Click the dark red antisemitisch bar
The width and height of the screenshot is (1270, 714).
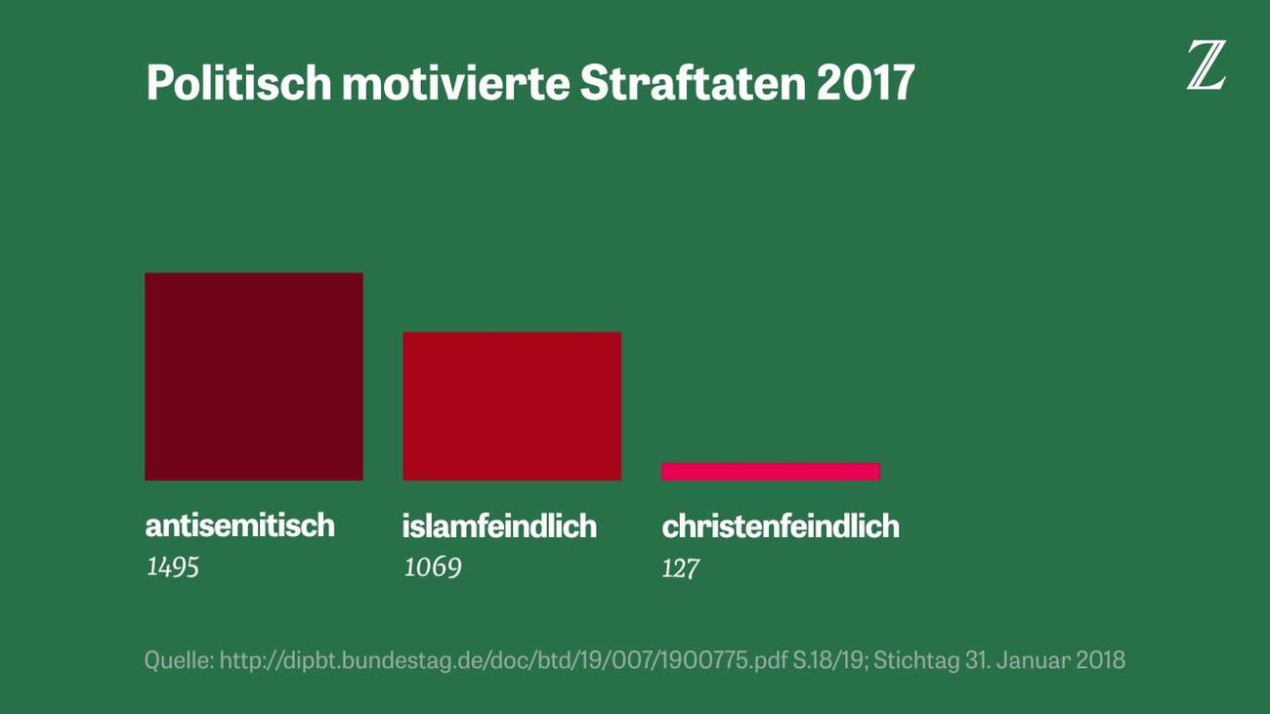254,376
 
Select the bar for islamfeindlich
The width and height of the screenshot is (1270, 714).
512,405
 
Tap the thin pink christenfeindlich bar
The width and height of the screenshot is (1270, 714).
771,472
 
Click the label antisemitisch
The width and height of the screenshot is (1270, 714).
239,525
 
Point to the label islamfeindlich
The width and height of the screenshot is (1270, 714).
499,526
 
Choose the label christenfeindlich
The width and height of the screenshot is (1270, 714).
781,526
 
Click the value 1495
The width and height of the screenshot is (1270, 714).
172,567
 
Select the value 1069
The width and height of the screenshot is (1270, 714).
432,567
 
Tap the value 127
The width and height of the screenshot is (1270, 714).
680,567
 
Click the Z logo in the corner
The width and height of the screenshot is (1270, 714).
1206,67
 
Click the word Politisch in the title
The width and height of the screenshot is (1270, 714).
238,84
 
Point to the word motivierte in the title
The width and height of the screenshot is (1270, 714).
455,84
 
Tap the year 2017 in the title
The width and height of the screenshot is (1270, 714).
865,84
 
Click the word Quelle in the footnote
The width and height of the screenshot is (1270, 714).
177,660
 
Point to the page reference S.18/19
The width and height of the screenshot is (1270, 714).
832,660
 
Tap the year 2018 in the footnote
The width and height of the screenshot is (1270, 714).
1101,660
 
